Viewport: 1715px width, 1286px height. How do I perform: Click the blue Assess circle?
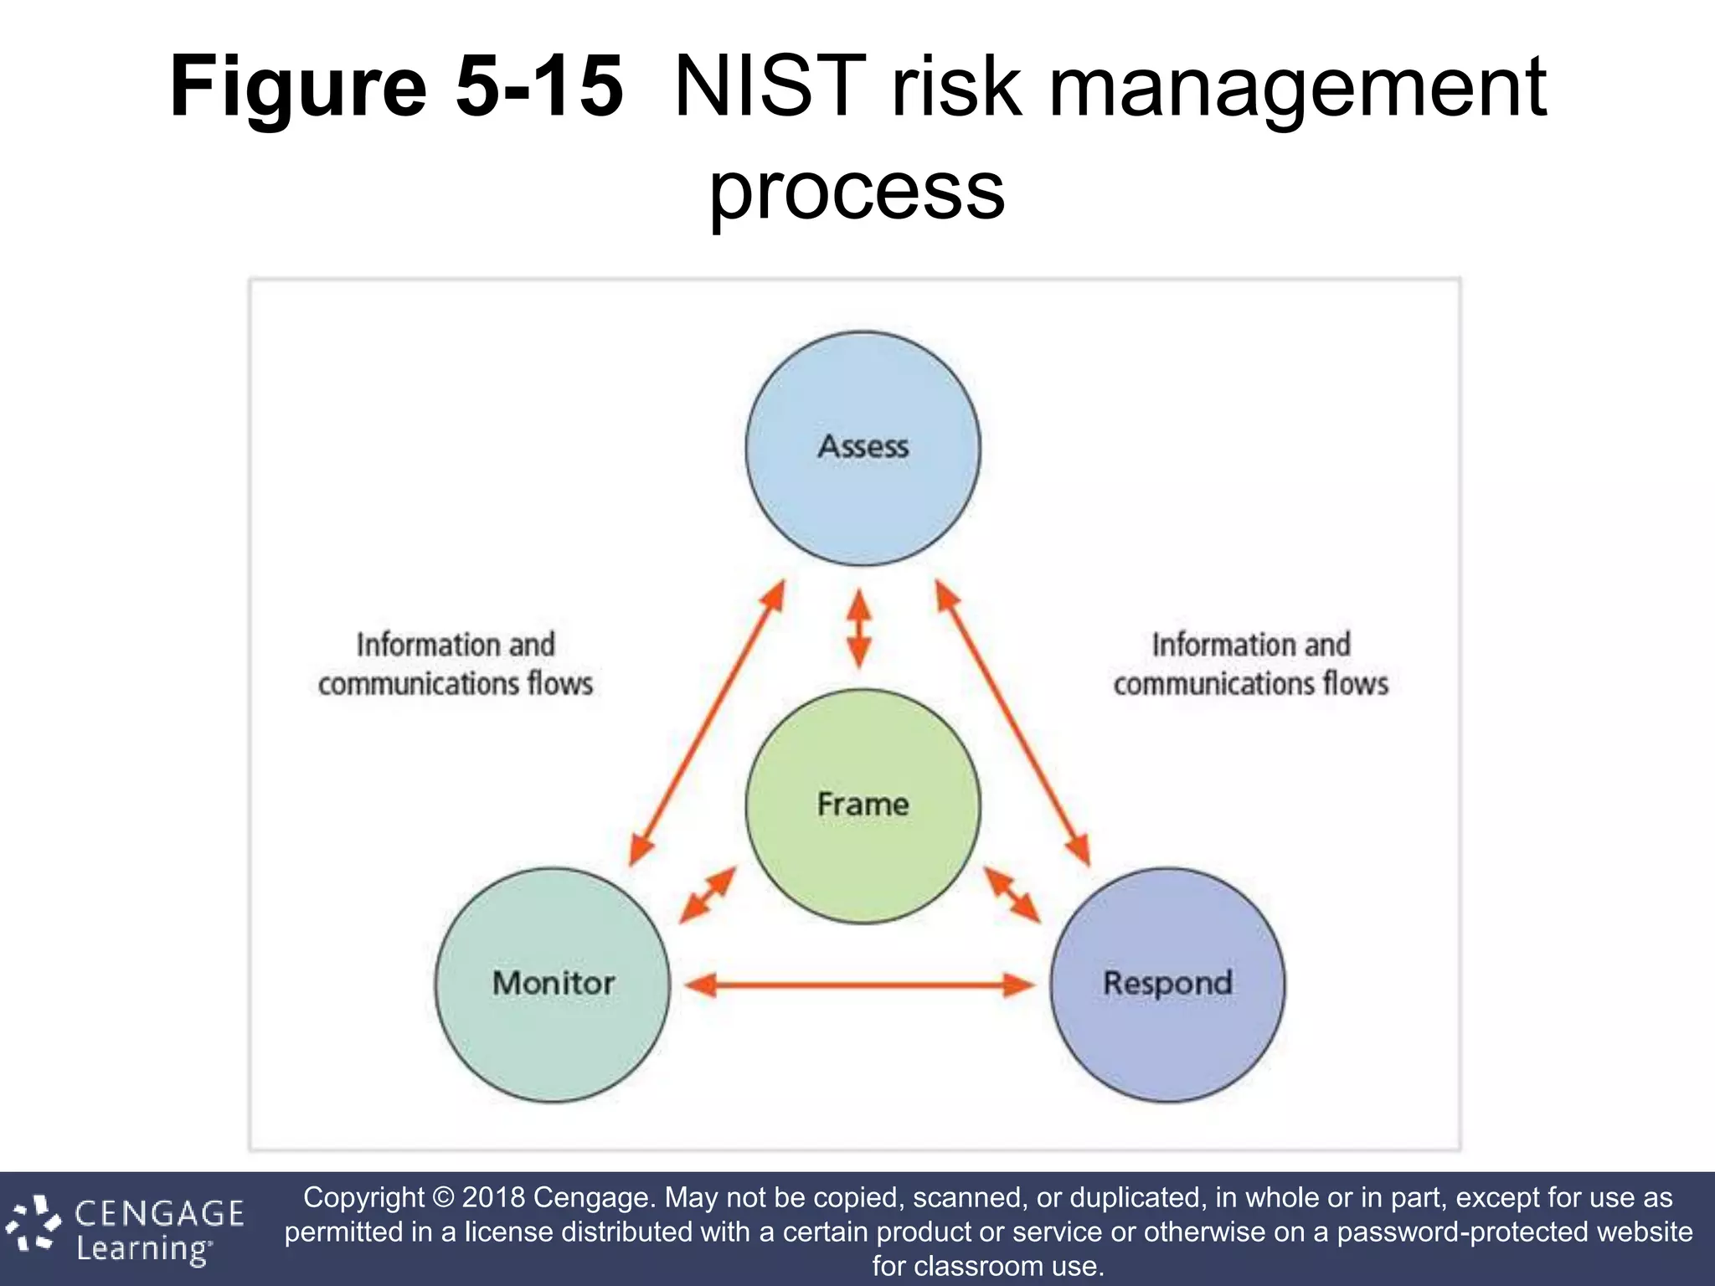[863, 449]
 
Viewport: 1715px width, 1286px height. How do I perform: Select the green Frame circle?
[863, 805]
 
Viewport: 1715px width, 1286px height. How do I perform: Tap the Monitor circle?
[553, 985]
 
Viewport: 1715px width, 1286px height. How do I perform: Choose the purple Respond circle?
[1167, 985]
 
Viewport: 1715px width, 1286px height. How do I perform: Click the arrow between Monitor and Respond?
[860, 985]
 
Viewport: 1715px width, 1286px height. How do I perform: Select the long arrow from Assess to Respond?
[1012, 722]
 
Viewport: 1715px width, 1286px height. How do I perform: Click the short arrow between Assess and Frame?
[859, 628]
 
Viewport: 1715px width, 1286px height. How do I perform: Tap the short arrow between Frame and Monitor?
[708, 895]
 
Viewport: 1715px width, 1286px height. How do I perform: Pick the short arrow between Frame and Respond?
[1012, 895]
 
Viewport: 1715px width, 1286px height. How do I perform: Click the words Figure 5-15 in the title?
[396, 86]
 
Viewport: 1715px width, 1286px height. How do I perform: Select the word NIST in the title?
[769, 86]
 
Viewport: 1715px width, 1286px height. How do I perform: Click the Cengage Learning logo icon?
[33, 1223]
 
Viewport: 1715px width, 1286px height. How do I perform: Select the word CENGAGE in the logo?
[159, 1213]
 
